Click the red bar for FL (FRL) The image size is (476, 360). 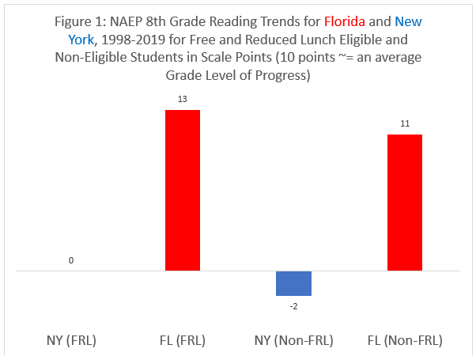[x=182, y=190]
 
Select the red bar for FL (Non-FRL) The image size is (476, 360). [x=404, y=203]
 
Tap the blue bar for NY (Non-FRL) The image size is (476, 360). [x=293, y=283]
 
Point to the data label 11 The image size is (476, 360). [x=404, y=124]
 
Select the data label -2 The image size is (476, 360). [x=293, y=305]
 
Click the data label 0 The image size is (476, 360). [x=71, y=260]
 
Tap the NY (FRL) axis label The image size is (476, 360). [x=71, y=340]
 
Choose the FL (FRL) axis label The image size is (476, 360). [x=182, y=340]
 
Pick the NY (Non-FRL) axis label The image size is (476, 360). [x=293, y=340]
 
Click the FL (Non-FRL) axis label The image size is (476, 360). [x=404, y=340]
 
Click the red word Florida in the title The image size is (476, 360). [x=344, y=22]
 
